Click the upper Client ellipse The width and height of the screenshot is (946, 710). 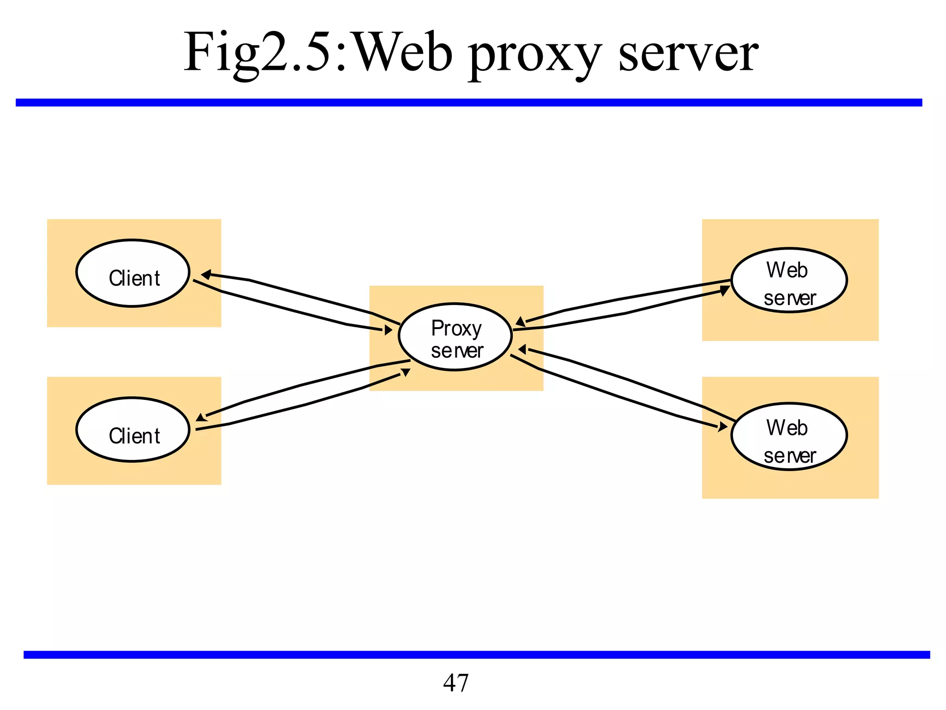pyautogui.click(x=133, y=273)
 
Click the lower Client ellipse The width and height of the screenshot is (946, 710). pyautogui.click(x=133, y=430)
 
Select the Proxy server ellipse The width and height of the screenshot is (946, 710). pyautogui.click(x=455, y=337)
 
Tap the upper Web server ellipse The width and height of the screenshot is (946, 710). pyautogui.click(x=789, y=281)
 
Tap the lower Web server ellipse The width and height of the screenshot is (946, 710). pyautogui.click(x=789, y=437)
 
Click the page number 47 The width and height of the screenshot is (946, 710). pyautogui.click(x=455, y=683)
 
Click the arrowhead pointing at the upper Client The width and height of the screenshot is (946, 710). pyautogui.click(x=206, y=275)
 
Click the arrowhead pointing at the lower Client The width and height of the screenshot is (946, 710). pyautogui.click(x=200, y=418)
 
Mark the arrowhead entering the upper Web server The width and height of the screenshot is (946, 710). pyautogui.click(x=725, y=291)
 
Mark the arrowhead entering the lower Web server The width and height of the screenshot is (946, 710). pyautogui.click(x=722, y=427)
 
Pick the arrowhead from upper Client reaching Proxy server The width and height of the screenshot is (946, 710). pyautogui.click(x=388, y=330)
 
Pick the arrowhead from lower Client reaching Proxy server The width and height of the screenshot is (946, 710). pyautogui.click(x=405, y=372)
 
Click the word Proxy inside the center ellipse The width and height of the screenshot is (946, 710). pyautogui.click(x=456, y=329)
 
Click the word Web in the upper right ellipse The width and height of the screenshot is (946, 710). pyautogui.click(x=787, y=270)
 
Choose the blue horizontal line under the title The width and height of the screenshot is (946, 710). pyautogui.click(x=469, y=103)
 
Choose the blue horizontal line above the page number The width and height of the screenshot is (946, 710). pyautogui.click(x=476, y=655)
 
